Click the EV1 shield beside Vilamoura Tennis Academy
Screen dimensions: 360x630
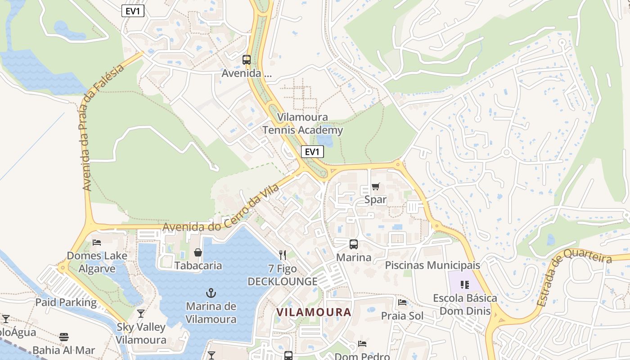(312, 152)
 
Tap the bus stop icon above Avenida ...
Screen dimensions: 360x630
(246, 59)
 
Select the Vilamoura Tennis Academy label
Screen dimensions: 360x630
(302, 124)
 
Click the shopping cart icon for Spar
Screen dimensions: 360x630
(376, 187)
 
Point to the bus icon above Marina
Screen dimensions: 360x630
(354, 244)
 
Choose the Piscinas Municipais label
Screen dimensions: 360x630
(432, 265)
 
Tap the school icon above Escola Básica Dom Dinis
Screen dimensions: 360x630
(465, 284)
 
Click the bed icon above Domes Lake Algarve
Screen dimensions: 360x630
(97, 243)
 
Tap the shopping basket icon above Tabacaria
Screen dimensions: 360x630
(198, 252)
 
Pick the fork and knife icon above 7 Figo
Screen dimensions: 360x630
(283, 255)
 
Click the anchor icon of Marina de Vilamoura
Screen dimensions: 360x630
(211, 293)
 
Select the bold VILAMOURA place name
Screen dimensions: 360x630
(314, 312)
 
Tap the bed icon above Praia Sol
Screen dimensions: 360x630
(402, 302)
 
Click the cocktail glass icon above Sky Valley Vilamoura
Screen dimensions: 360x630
(141, 314)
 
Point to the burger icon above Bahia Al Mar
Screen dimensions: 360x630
(63, 337)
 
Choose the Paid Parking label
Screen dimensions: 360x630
(66, 302)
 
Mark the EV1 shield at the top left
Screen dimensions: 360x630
(133, 11)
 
